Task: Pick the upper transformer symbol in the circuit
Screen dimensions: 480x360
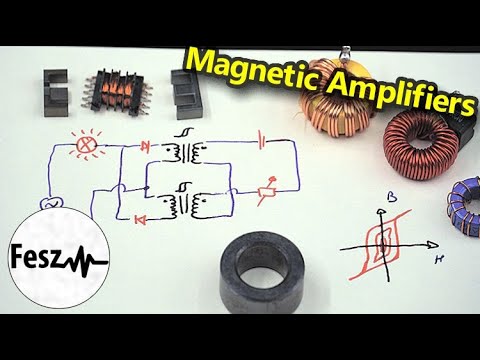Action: (x=186, y=150)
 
